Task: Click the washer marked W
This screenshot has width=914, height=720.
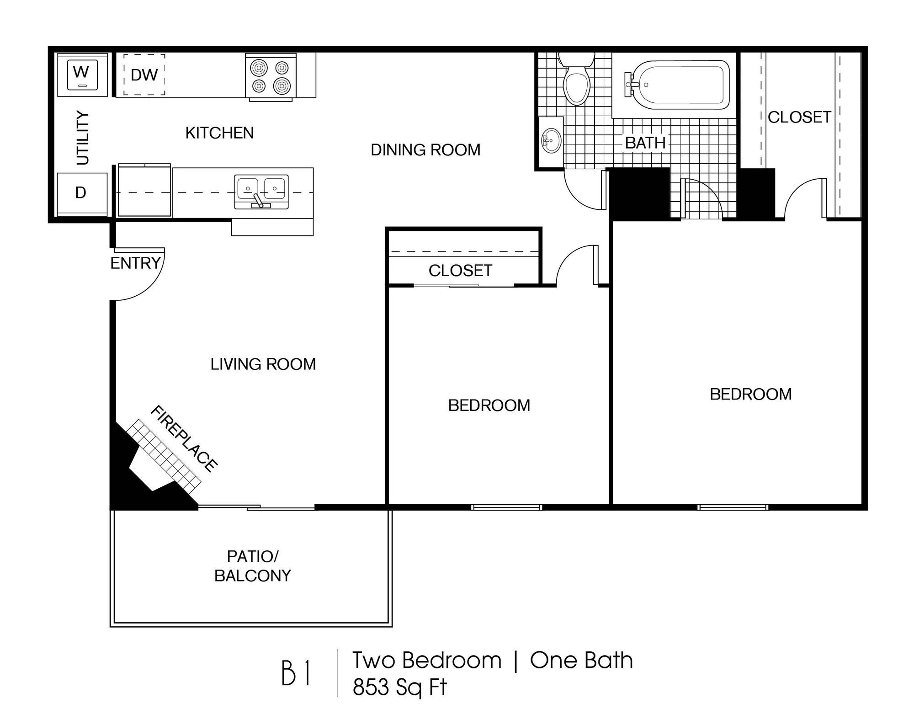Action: click(82, 74)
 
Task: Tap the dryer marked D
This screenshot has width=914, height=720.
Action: click(81, 194)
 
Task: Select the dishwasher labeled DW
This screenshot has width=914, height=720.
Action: click(144, 75)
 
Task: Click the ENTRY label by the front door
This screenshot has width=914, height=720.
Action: click(136, 263)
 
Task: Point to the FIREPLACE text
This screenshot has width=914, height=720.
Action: click(184, 438)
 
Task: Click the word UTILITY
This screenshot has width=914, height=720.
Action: click(83, 138)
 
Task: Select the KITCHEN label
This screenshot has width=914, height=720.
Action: click(219, 133)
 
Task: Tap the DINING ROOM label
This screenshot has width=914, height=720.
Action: click(425, 150)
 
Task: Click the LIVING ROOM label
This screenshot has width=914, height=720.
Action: click(263, 364)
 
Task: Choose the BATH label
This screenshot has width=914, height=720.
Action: click(645, 143)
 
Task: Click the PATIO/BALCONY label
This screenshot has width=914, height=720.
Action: click(253, 566)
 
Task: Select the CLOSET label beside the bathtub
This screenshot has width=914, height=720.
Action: click(799, 117)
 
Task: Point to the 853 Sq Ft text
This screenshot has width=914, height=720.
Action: click(399, 687)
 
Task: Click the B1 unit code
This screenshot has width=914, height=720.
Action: click(296, 673)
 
